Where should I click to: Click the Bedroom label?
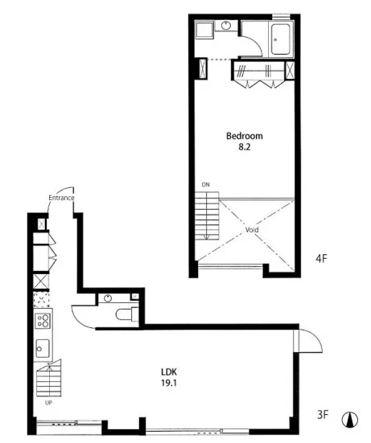245,136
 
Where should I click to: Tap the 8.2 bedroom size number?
245,147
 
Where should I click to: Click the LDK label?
169,371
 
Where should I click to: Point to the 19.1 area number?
169,384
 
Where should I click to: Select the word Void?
252,230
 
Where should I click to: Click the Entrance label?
61,198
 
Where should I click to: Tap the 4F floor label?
321,259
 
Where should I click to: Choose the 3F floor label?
323,415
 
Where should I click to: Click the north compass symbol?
350,420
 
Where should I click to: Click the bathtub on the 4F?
281,39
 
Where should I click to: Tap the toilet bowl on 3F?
126,314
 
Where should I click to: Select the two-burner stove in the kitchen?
43,321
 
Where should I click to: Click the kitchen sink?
43,349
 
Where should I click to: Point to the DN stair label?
205,185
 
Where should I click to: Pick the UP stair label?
48,403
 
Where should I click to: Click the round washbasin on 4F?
225,26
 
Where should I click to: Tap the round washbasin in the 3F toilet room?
108,298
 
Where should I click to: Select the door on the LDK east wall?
308,341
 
